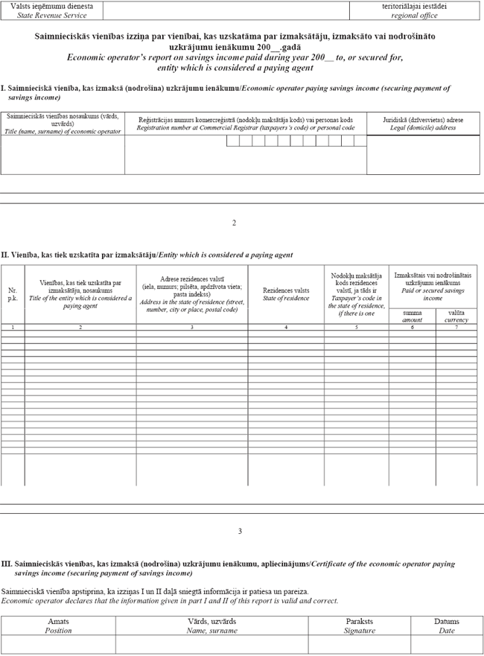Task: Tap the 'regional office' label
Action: (x=415, y=15)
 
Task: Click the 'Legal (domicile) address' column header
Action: (x=423, y=123)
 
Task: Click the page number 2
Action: (x=234, y=223)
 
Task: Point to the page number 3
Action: (x=240, y=531)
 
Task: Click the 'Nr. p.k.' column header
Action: (x=13, y=294)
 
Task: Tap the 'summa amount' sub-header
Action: (x=412, y=316)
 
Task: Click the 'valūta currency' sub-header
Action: (x=456, y=316)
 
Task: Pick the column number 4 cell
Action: (x=286, y=328)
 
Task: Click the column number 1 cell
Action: (x=13, y=328)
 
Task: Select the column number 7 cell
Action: (x=456, y=328)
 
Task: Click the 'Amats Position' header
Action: (x=59, y=625)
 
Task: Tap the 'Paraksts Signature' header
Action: (x=360, y=625)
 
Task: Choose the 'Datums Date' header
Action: (x=447, y=625)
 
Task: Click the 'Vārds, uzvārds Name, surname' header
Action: (x=211, y=625)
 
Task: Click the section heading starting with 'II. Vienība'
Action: (x=147, y=255)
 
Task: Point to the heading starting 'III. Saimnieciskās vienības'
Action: (x=228, y=568)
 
